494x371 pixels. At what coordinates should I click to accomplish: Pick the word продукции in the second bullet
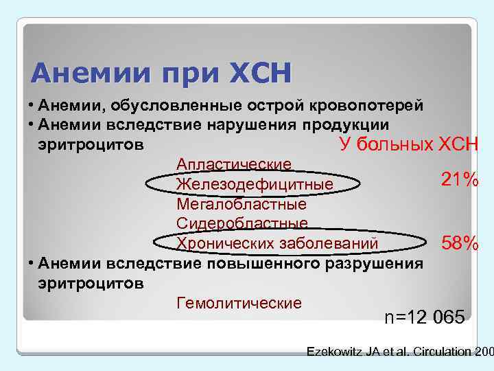(x=349, y=124)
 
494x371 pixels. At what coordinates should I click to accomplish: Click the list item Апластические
(x=234, y=164)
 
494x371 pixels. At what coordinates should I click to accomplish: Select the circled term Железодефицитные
(x=255, y=184)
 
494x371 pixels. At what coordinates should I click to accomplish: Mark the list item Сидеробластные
(x=242, y=223)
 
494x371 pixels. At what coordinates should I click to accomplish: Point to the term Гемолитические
(x=239, y=303)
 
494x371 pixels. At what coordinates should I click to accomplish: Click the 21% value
(x=460, y=180)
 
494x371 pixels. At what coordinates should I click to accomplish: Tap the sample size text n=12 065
(x=424, y=317)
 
